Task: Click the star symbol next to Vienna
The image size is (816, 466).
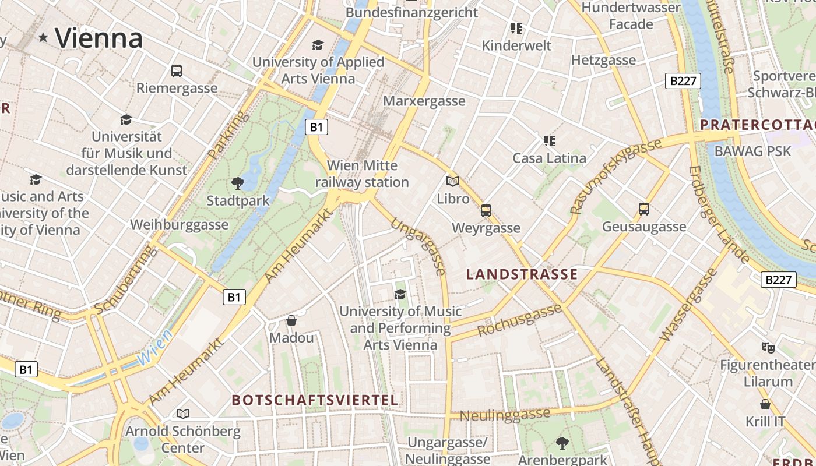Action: pyautogui.click(x=43, y=38)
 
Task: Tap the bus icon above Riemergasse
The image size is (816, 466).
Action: pyautogui.click(x=177, y=71)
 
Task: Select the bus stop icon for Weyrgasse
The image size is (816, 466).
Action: pyautogui.click(x=486, y=210)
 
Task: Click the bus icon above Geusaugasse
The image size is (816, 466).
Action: pyautogui.click(x=644, y=209)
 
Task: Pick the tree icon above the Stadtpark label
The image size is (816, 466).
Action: pyautogui.click(x=237, y=183)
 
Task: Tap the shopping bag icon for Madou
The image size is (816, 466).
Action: pyautogui.click(x=291, y=320)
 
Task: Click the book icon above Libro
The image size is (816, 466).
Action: pyautogui.click(x=453, y=181)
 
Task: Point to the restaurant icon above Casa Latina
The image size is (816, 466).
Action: pyautogui.click(x=549, y=140)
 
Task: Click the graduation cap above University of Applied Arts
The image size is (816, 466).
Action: pyautogui.click(x=318, y=45)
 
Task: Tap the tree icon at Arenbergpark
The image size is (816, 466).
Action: pyautogui.click(x=562, y=443)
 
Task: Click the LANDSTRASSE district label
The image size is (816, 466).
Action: pyautogui.click(x=522, y=274)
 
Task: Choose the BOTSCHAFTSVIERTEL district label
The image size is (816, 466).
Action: pyautogui.click(x=315, y=400)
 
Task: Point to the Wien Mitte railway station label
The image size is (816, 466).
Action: pyautogui.click(x=362, y=174)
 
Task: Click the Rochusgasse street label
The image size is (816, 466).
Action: pyautogui.click(x=519, y=321)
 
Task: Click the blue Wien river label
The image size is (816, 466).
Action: pyautogui.click(x=155, y=348)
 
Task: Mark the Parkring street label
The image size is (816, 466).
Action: pyautogui.click(x=228, y=136)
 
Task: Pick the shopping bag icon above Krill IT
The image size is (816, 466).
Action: pyautogui.click(x=765, y=404)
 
